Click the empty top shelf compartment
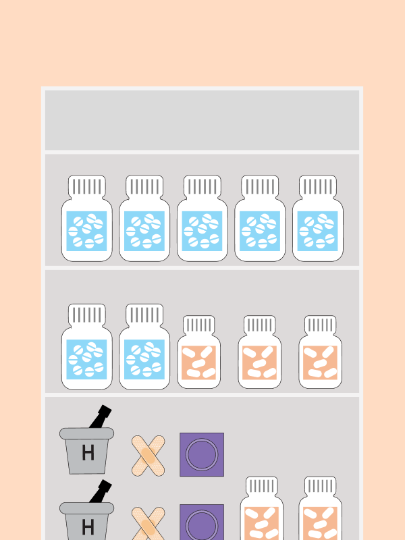point(202,120)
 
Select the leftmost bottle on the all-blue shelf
point(87,218)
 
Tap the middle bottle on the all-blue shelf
point(202,218)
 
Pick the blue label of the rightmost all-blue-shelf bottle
point(317,231)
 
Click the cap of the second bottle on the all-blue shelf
point(144,187)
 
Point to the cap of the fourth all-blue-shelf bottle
point(260,187)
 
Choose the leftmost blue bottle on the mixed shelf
point(87,347)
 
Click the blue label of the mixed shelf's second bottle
point(144,360)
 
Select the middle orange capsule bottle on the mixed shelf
point(260,352)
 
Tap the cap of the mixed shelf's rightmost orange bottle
point(320,325)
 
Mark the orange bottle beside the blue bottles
point(199,352)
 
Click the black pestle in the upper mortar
point(101,416)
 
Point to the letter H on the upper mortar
point(88,452)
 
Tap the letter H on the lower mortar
point(88,527)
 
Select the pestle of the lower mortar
point(101,491)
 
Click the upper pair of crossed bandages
point(148,456)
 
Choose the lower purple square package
point(202,522)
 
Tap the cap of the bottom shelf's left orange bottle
point(262,486)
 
